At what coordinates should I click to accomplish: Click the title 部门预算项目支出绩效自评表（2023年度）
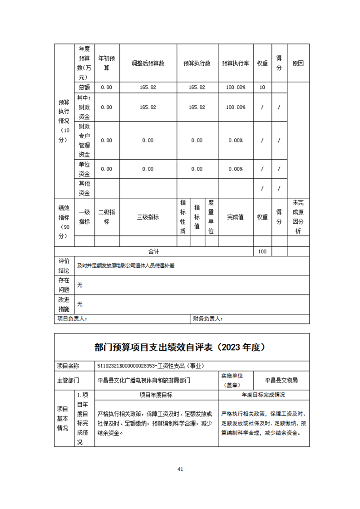[x=180, y=347]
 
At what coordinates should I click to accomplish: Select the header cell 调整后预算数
[x=148, y=64]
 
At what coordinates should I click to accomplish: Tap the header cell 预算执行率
[x=235, y=64]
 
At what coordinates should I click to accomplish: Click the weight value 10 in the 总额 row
[x=262, y=87]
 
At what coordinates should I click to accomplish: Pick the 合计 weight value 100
[x=262, y=251]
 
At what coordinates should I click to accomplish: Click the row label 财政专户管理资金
[x=84, y=140]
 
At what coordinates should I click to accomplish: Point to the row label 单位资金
[x=84, y=169]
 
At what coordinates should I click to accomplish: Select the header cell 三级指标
[x=148, y=217]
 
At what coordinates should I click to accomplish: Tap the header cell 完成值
[x=235, y=217]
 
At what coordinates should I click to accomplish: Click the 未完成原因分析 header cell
[x=298, y=217]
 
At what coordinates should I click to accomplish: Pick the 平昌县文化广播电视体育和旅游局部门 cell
[x=144, y=380]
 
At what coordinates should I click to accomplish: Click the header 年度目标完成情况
[x=263, y=395]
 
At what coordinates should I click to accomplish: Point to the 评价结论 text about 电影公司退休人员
[x=126, y=266]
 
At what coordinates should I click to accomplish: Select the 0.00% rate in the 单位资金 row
[x=235, y=169]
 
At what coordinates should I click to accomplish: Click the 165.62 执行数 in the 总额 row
[x=197, y=87]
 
